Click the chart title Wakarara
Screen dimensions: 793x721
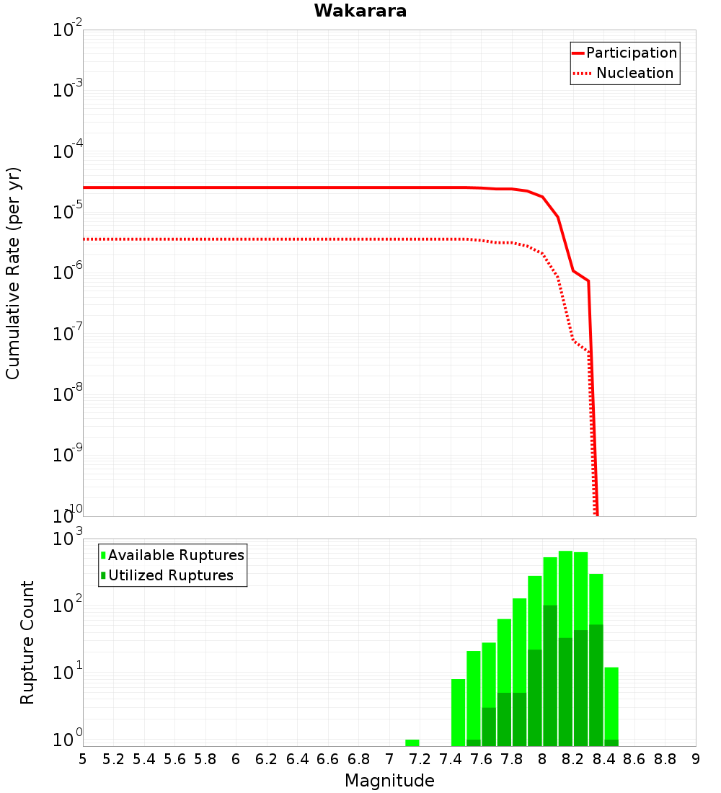coord(360,11)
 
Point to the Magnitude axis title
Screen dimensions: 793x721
coord(389,781)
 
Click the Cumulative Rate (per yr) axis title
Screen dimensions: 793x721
coord(14,273)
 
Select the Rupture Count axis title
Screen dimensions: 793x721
coord(27,642)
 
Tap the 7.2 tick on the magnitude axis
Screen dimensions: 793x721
coord(420,759)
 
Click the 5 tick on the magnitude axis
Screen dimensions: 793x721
coord(83,759)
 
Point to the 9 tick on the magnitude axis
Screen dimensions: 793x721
coord(696,759)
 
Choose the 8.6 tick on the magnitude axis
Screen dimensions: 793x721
coord(634,759)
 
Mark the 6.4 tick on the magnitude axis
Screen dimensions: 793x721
coord(297,759)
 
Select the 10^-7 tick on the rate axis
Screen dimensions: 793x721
coord(68,335)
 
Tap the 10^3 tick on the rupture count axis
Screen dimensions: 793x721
coord(68,540)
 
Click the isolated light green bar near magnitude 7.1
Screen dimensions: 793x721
coord(412,743)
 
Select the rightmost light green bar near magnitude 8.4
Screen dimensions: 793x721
coord(611,703)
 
